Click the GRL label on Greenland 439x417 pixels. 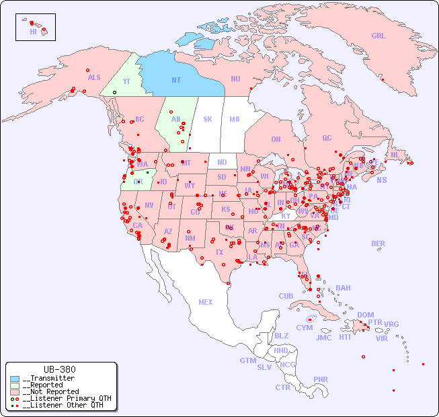tap(378, 36)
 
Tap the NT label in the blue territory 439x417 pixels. tap(175, 80)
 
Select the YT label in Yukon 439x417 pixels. tap(126, 81)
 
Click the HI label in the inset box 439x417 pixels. tap(33, 32)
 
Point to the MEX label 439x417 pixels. tap(206, 302)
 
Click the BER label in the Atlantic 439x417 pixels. tap(378, 243)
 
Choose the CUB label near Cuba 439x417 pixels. tap(286, 296)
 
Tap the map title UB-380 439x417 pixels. tap(60, 369)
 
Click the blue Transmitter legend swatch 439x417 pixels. tap(15, 379)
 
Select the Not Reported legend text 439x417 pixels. tap(50, 391)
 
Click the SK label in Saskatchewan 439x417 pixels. tap(208, 119)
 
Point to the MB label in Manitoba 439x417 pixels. tap(234, 119)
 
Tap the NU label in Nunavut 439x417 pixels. tap(235, 79)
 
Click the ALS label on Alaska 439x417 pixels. tap(94, 78)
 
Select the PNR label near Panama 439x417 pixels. tap(321, 379)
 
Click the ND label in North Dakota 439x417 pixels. tap(222, 162)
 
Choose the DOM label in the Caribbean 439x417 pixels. tap(365, 315)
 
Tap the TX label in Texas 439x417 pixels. tap(218, 252)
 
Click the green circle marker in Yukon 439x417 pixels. tap(115, 92)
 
